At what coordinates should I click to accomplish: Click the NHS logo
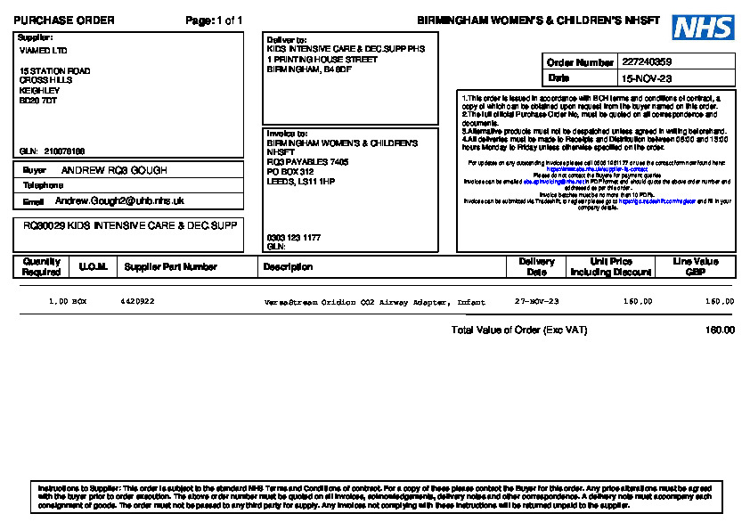[703, 28]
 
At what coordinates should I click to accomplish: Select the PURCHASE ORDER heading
[64, 20]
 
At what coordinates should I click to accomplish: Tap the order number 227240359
[647, 62]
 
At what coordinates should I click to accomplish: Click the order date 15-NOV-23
[647, 78]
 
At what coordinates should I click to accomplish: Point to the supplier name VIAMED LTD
[43, 51]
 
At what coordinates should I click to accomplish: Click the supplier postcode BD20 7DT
[38, 101]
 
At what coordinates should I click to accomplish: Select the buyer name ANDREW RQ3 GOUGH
[114, 170]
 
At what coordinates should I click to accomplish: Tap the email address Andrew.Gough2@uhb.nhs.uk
[119, 201]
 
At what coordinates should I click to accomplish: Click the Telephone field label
[43, 185]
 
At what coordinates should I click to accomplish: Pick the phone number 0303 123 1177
[294, 238]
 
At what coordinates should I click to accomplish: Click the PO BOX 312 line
[290, 172]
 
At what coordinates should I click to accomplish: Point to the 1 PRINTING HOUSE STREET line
[322, 60]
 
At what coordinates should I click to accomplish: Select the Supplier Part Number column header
[171, 267]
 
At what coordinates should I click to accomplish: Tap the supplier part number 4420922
[137, 302]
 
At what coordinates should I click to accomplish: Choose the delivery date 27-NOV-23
[537, 302]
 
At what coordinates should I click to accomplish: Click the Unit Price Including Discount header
[611, 267]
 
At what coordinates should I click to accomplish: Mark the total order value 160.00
[720, 330]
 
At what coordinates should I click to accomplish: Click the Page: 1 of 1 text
[214, 20]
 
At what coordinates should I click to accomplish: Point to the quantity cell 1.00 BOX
[68, 302]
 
